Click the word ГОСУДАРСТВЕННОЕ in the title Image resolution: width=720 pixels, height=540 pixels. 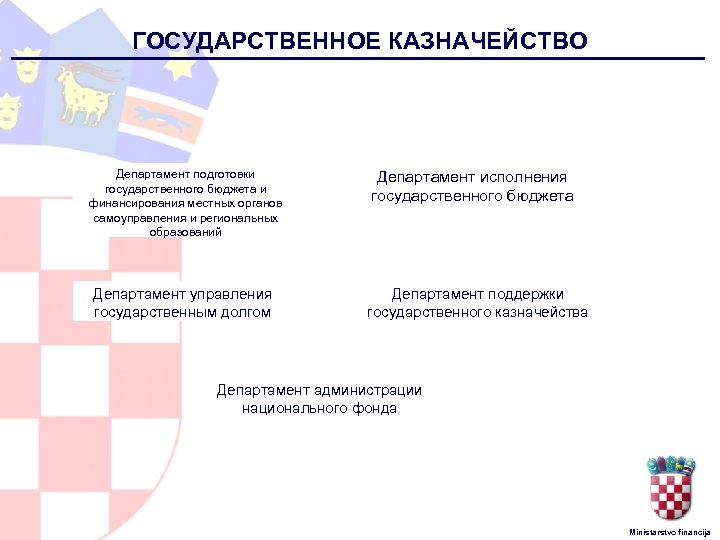coord(252,41)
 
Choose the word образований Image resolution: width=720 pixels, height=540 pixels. coord(186,232)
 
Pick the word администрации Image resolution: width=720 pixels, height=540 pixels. coord(368,390)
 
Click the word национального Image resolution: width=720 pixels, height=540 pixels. coord(292,408)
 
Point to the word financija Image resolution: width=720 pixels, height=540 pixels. coord(695,531)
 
